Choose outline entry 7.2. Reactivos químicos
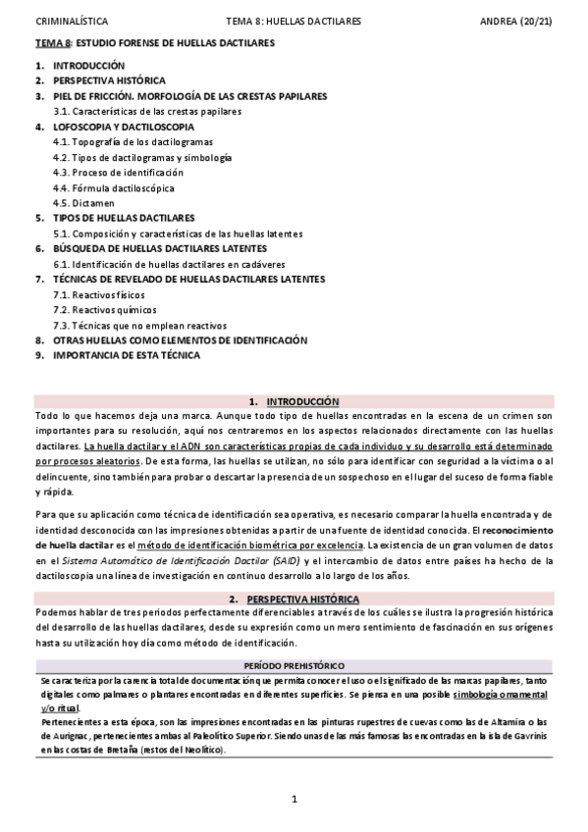105,310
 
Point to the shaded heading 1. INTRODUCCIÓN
294,401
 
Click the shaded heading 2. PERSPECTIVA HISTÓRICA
294,598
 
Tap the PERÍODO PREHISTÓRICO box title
294,666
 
